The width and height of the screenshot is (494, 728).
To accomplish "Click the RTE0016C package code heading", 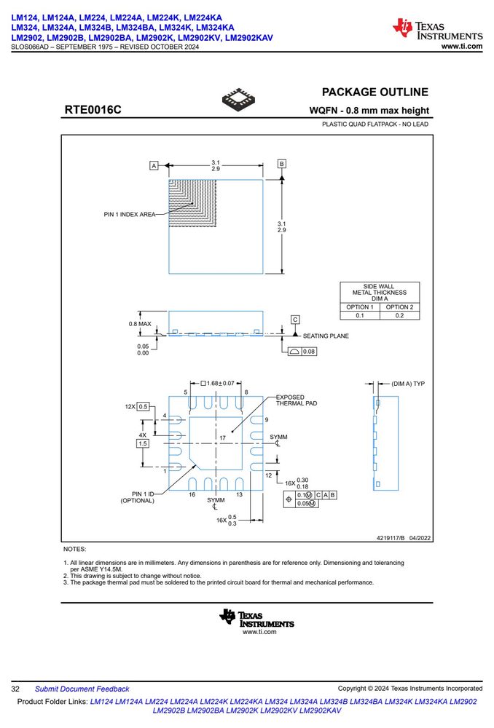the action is pos(93,110).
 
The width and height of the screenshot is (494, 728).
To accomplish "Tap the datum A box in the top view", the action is pos(154,165).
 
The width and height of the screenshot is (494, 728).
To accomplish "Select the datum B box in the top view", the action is pos(282,164).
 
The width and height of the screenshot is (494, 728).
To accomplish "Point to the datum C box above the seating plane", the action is pos(295,320).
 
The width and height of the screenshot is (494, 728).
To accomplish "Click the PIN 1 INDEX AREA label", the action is pos(130,215).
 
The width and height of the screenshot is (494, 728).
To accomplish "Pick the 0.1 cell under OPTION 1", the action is pos(360,315).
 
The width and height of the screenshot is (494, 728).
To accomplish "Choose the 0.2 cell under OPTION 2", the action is pos(400,315).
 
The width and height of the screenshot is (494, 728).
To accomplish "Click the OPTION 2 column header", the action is pos(400,307).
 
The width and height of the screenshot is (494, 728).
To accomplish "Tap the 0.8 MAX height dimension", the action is pos(140,324).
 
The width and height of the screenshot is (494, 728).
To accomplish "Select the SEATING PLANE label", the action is pos(326,336).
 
